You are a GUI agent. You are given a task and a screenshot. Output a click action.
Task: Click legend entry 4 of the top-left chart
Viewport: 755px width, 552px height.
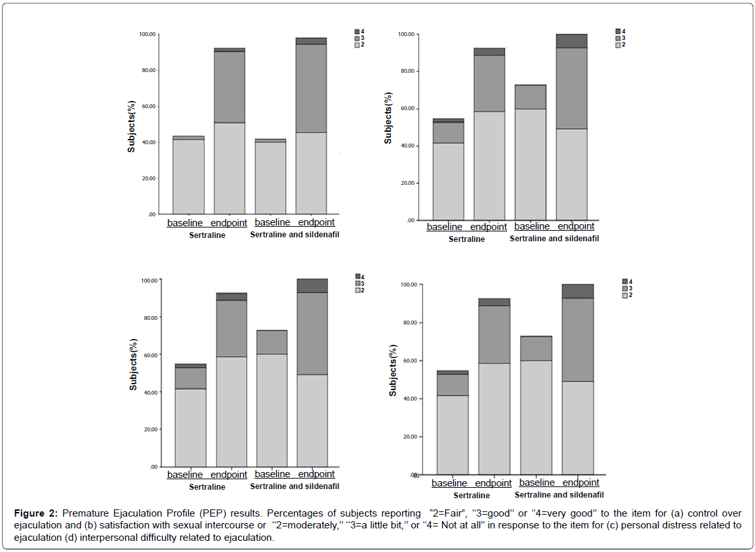[357, 31]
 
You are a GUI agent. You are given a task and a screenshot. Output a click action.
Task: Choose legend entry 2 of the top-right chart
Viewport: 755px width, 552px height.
[619, 45]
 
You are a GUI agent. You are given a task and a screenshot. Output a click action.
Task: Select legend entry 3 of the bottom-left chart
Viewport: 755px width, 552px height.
[358, 283]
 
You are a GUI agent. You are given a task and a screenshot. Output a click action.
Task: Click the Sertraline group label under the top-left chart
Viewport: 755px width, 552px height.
[207, 235]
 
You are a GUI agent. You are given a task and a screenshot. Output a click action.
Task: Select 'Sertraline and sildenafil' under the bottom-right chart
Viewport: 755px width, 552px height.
[559, 495]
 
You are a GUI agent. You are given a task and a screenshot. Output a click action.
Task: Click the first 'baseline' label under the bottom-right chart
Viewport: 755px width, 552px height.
[449, 483]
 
